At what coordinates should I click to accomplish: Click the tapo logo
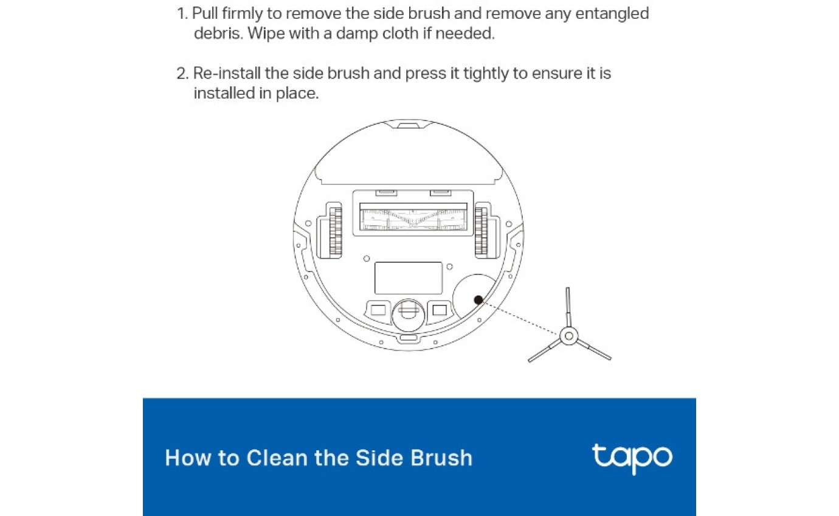pyautogui.click(x=632, y=458)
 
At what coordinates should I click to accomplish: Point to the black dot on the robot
pyautogui.click(x=478, y=299)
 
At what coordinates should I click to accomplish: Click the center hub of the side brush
pyautogui.click(x=568, y=335)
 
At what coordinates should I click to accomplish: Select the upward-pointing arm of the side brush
pyautogui.click(x=568, y=307)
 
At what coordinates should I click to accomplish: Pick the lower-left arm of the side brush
pyautogui.click(x=544, y=351)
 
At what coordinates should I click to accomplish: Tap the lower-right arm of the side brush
pyautogui.click(x=593, y=349)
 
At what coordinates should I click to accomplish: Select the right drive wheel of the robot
pyautogui.click(x=482, y=230)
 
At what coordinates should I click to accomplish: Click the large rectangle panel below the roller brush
pyautogui.click(x=408, y=278)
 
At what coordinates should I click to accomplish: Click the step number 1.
pyautogui.click(x=181, y=13)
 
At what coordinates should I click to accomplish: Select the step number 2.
pyautogui.click(x=182, y=74)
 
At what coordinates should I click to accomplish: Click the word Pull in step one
pyautogui.click(x=205, y=13)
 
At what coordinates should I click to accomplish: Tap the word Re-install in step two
pyautogui.click(x=227, y=74)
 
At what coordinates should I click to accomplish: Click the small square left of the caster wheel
pyautogui.click(x=377, y=310)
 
